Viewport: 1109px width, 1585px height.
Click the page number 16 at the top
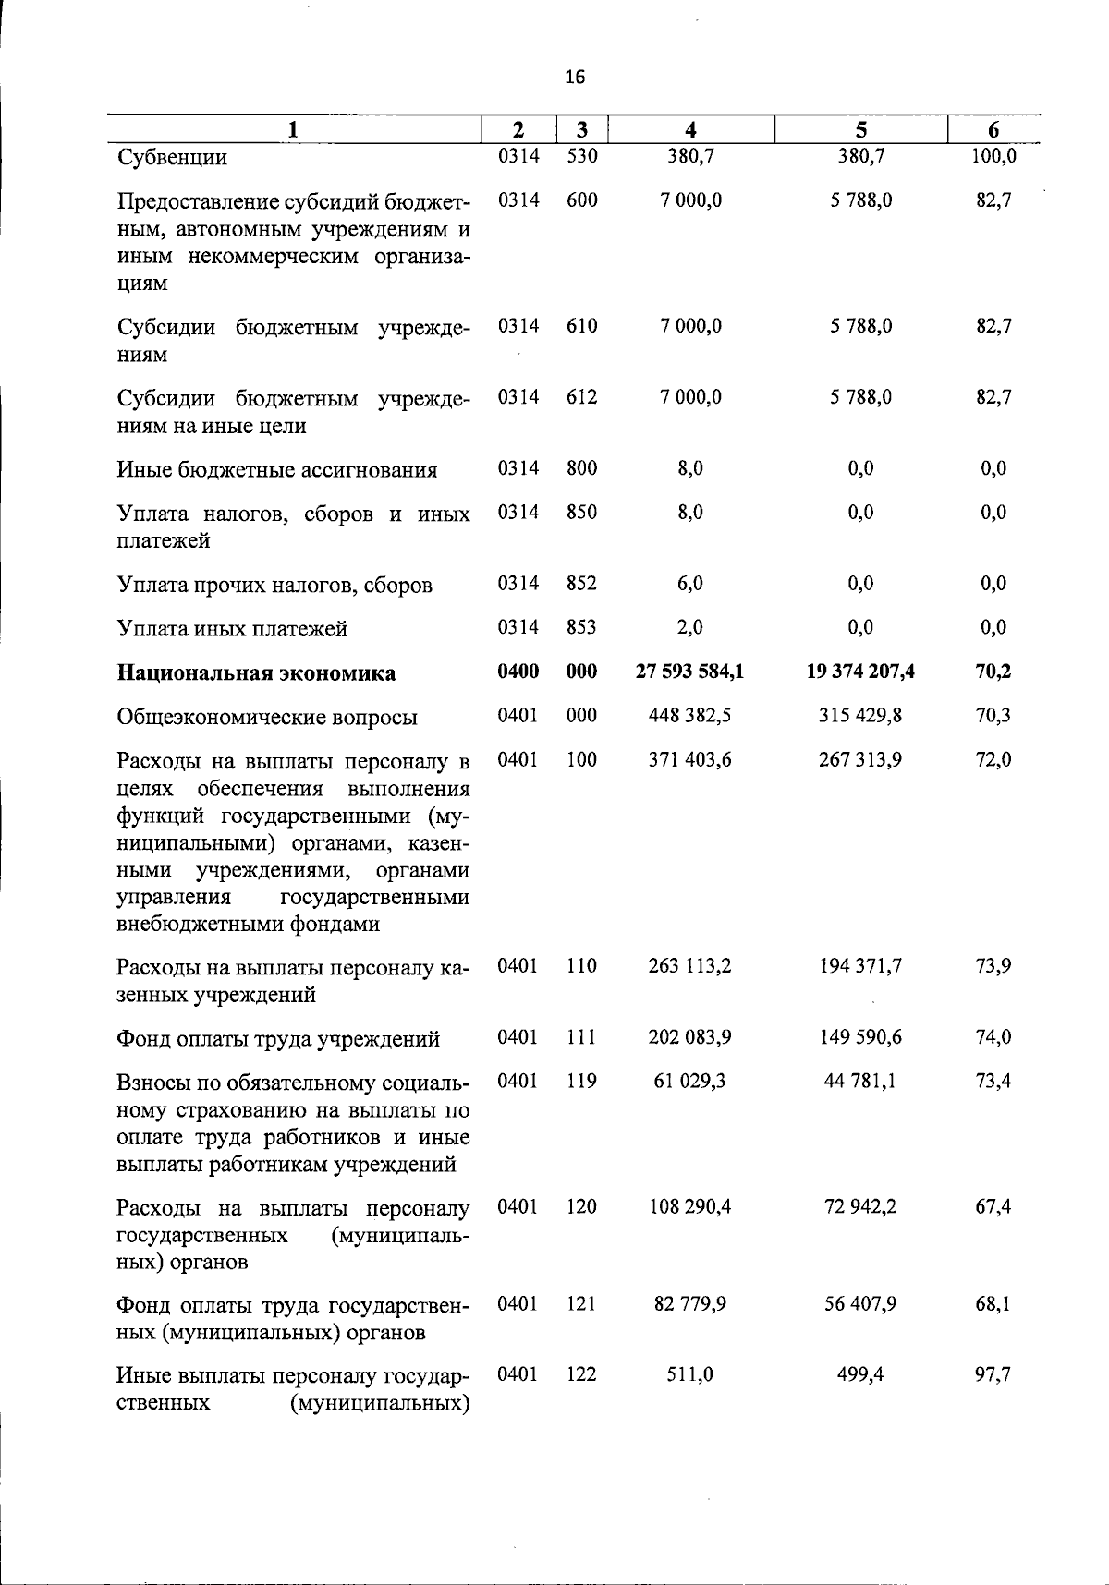tap(574, 78)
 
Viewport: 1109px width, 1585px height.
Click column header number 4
tap(690, 130)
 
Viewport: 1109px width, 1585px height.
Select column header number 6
tap(993, 130)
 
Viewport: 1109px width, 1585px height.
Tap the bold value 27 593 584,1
tap(689, 672)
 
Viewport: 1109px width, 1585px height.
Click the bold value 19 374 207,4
tap(860, 672)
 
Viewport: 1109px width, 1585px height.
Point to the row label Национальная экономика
tap(256, 673)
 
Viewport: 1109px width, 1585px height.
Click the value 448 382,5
tap(690, 716)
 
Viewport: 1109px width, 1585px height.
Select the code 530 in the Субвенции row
tap(581, 156)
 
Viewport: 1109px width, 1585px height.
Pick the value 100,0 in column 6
tap(993, 156)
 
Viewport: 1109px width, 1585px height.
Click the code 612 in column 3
tap(581, 397)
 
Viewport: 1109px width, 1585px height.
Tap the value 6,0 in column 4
tap(690, 584)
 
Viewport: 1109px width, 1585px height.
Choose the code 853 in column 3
tap(581, 627)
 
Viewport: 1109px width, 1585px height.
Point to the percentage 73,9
tap(993, 966)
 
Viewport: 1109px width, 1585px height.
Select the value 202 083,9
tap(690, 1037)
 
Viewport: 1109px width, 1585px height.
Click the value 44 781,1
tap(860, 1081)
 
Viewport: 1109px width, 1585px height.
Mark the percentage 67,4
tap(993, 1207)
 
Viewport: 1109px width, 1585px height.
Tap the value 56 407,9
tap(860, 1304)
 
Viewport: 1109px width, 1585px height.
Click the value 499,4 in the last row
tap(860, 1374)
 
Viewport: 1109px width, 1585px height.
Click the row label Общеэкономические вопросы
tap(267, 718)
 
